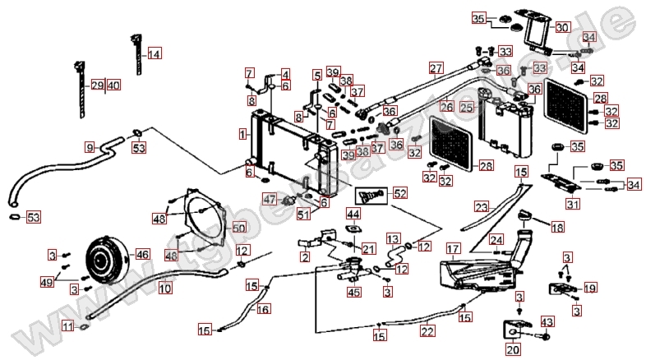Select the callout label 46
click(x=143, y=255)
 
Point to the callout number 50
click(x=238, y=228)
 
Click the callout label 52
click(x=399, y=194)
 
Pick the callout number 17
click(x=451, y=248)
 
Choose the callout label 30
click(x=561, y=27)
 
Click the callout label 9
click(x=90, y=147)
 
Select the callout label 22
click(x=427, y=331)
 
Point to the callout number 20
click(x=513, y=350)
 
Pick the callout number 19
click(x=589, y=288)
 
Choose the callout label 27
click(x=436, y=68)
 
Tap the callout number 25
click(x=468, y=108)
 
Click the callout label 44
click(x=353, y=215)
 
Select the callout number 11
click(x=67, y=326)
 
